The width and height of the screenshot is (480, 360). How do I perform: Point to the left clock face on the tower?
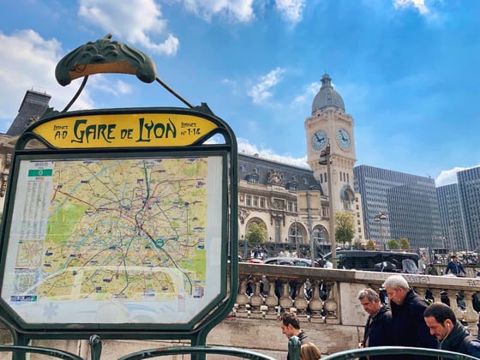pos(319,140)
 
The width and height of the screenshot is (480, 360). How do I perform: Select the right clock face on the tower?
pos(344,139)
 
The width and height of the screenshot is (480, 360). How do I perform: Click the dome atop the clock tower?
pos(328,96)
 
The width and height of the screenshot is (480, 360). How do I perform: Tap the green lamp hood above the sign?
pos(105,61)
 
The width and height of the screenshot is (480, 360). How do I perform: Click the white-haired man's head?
pos(396,286)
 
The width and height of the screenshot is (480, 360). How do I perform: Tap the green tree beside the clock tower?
pos(345,228)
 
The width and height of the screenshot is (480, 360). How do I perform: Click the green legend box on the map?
pos(39,172)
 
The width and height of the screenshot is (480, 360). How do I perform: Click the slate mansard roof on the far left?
pos(31,111)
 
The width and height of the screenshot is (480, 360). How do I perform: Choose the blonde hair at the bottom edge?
pos(310,351)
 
